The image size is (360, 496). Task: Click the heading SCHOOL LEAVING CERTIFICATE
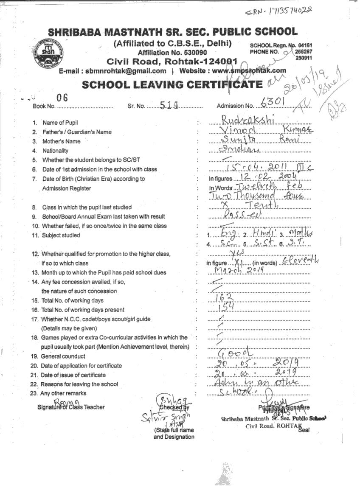(172, 84)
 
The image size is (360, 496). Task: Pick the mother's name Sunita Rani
(255, 140)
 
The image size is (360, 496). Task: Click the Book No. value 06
(62, 98)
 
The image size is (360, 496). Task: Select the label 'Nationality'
(55, 151)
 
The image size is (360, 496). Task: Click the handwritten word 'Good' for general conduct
(234, 353)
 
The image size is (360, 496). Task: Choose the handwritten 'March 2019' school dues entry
(236, 272)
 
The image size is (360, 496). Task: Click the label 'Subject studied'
(61, 235)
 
